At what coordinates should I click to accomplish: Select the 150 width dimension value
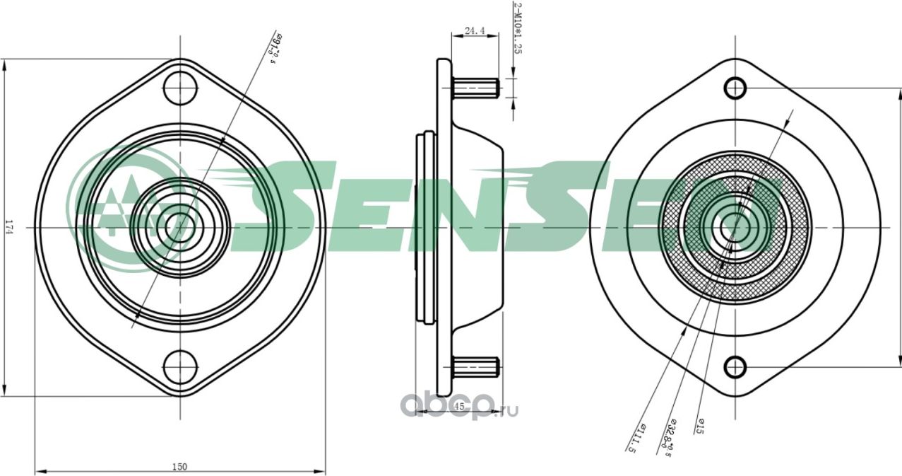click(x=180, y=466)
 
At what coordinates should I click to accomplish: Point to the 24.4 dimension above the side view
click(x=474, y=31)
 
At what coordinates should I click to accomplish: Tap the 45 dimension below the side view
click(x=458, y=406)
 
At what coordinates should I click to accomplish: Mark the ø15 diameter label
click(x=700, y=425)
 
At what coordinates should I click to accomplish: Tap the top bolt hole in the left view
click(x=180, y=88)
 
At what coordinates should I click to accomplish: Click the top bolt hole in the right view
click(x=735, y=88)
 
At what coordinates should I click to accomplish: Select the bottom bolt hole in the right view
click(x=735, y=367)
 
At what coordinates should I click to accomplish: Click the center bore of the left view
click(x=179, y=226)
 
